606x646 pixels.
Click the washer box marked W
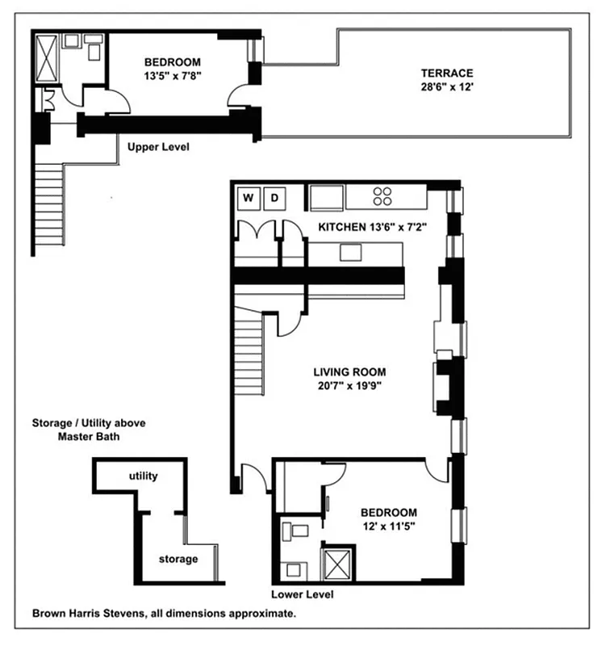click(x=248, y=197)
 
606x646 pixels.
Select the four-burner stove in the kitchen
click(x=382, y=196)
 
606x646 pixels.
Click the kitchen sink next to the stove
click(x=327, y=196)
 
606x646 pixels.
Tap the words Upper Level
click(x=158, y=147)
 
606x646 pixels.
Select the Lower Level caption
click(x=303, y=594)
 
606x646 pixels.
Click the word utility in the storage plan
click(x=143, y=476)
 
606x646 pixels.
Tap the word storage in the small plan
click(x=178, y=559)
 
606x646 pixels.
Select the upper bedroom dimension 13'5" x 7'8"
click(x=173, y=76)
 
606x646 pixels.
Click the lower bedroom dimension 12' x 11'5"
click(x=388, y=526)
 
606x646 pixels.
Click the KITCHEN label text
click(x=341, y=229)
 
